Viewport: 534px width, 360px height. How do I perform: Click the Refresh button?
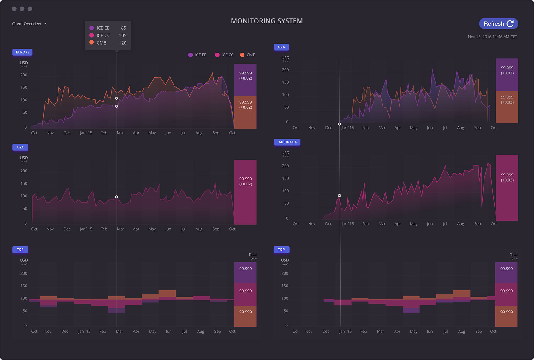498,24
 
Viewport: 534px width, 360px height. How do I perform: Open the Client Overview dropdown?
29,24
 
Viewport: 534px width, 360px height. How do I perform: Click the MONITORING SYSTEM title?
267,21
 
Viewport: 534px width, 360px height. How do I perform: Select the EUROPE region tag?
23,52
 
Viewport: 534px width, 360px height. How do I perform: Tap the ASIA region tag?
281,47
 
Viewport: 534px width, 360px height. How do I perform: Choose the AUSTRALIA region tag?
287,142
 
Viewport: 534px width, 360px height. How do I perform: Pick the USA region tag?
20,147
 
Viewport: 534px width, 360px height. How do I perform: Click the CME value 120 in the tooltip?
123,43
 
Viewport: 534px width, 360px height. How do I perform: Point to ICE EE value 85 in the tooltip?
123,28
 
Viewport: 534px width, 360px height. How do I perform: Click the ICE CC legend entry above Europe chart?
224,55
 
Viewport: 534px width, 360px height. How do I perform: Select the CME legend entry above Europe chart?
248,55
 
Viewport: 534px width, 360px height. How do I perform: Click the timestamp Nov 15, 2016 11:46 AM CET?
492,37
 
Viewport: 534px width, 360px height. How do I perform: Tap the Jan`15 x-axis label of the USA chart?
86,229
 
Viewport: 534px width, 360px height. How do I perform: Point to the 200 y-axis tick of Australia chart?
285,166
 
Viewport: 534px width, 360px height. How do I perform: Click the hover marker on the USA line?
117,197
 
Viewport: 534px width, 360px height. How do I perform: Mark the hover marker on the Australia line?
339,196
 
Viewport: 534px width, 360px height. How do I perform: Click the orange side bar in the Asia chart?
507,107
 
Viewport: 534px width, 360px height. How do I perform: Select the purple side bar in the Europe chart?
245,80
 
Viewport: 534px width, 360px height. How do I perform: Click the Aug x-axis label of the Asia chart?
460,128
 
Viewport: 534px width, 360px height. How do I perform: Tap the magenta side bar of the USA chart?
245,192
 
